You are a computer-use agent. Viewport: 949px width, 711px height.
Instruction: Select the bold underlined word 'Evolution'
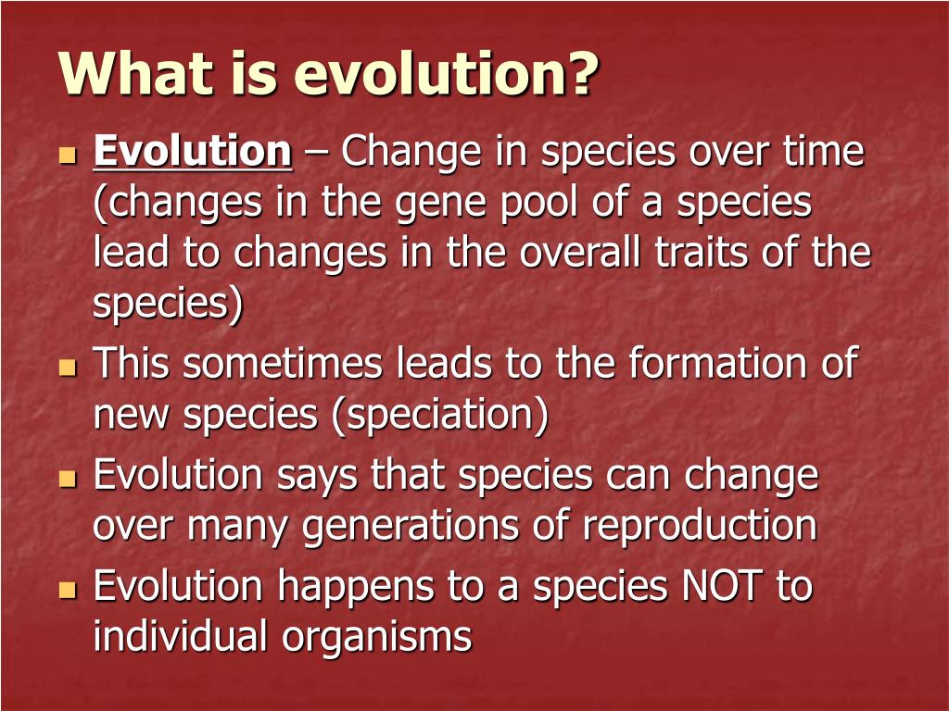pyautogui.click(x=193, y=151)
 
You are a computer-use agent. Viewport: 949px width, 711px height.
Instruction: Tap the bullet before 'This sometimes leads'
pyautogui.click(x=67, y=367)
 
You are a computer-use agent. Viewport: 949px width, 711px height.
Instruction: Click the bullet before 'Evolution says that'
pyautogui.click(x=67, y=479)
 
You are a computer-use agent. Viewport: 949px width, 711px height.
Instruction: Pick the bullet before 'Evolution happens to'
pyautogui.click(x=67, y=589)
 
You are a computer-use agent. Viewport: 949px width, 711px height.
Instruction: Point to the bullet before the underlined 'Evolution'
pyautogui.click(x=67, y=155)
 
